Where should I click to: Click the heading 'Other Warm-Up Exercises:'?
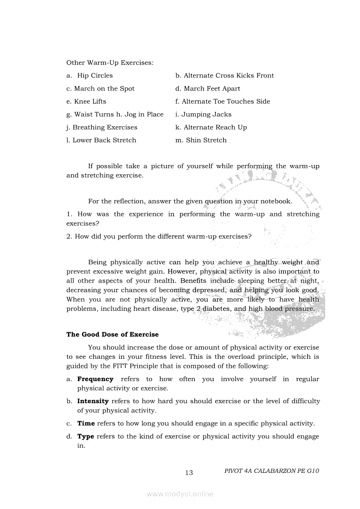click(110, 63)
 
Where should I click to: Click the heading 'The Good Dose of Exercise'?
click(112, 335)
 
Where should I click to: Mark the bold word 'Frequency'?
click(95, 379)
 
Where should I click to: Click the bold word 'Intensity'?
click(93, 401)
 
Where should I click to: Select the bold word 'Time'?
click(86, 423)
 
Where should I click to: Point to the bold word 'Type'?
click(85, 437)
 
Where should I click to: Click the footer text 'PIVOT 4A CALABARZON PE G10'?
click(272, 471)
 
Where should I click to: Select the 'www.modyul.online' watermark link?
click(180, 494)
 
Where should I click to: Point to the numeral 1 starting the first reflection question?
click(68, 214)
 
